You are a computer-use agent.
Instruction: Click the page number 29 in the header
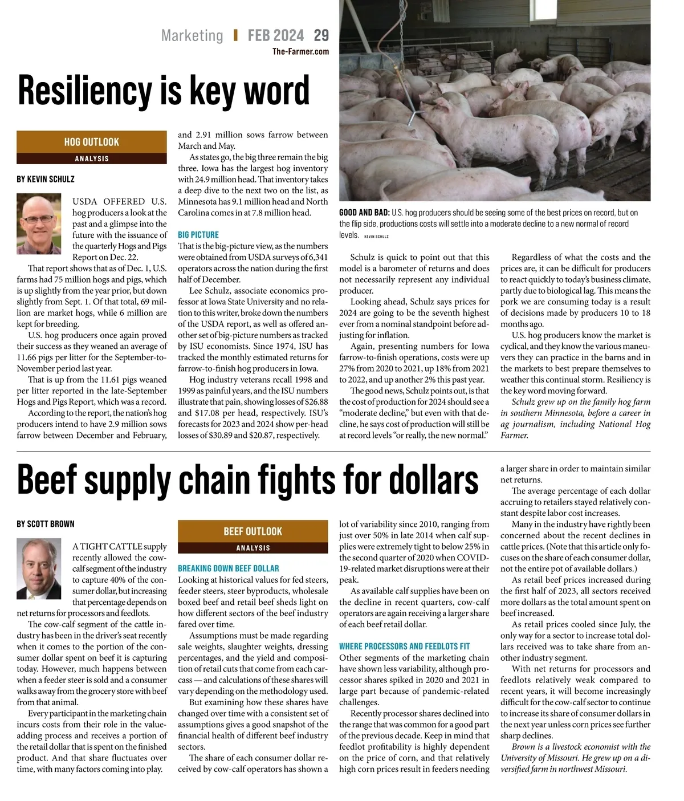[321, 35]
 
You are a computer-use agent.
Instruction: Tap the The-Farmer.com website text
[300, 51]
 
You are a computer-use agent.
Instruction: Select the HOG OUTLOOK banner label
[91, 142]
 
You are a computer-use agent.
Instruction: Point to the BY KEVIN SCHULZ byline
[46, 179]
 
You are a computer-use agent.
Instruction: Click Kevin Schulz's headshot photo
[39, 224]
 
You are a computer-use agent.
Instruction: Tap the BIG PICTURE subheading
[198, 235]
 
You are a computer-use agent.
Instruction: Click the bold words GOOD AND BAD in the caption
[364, 213]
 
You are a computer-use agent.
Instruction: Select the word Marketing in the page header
[192, 35]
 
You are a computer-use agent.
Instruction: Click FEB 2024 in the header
[275, 35]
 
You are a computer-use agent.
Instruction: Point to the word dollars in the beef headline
[420, 480]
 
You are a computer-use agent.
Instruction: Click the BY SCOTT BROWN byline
[46, 524]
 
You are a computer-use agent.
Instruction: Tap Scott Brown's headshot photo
[39, 569]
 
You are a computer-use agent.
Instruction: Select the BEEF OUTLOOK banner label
[253, 531]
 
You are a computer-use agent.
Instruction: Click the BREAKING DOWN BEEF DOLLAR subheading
[228, 568]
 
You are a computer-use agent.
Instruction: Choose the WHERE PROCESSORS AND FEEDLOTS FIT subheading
[404, 647]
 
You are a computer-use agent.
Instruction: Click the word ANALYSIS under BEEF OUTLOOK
[253, 548]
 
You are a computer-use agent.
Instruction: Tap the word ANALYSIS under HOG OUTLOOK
[91, 158]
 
